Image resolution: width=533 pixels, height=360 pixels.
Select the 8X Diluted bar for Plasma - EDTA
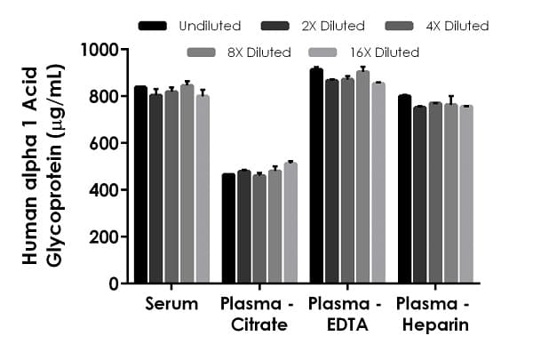[362, 178]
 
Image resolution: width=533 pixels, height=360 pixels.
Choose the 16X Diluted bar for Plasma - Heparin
[466, 195]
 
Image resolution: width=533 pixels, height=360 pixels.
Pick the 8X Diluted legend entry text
[258, 52]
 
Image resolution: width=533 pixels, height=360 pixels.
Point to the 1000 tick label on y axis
[101, 50]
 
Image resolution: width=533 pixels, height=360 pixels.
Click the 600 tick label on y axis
[106, 143]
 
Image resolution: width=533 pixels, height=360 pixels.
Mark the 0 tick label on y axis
[115, 284]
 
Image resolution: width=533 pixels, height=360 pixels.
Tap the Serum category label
[171, 304]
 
